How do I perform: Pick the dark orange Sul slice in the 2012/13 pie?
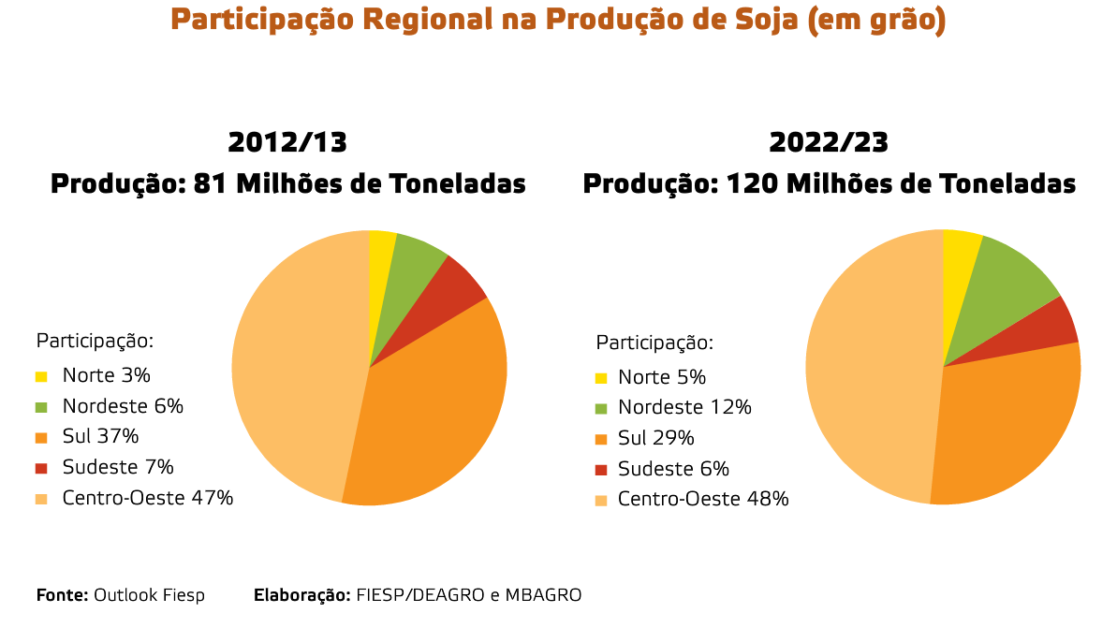426,412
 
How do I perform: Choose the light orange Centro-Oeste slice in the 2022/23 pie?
871,374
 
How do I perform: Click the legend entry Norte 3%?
106,375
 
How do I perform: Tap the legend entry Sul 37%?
100,436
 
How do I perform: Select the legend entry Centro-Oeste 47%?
147,498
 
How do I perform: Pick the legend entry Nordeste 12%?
684,407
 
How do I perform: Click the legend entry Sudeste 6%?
673,469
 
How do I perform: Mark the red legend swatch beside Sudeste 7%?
41,468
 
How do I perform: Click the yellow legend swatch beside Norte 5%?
600,378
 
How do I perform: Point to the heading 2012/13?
287,142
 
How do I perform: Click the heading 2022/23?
829,142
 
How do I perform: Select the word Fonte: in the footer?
63,595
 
